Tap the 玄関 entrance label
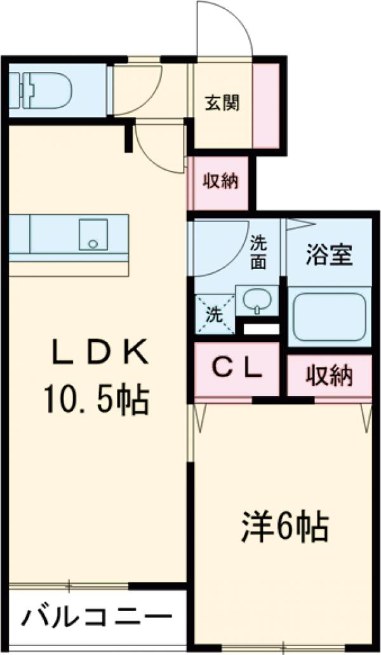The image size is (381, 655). pos(222,103)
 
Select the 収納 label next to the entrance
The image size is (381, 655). pos(220,182)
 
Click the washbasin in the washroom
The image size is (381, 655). pos(257,301)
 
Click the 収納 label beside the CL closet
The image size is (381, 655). pos(329,377)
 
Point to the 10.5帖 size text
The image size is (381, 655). pos(95,401)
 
